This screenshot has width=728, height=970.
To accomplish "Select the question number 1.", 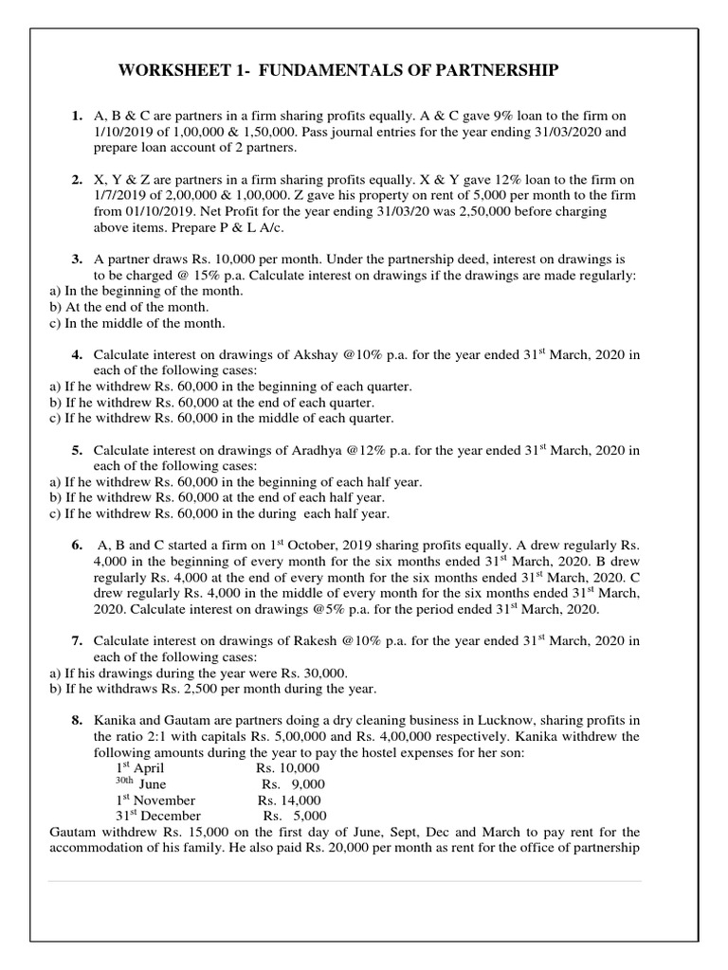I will pos(77,116).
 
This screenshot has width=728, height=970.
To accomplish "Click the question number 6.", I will pos(77,547).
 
